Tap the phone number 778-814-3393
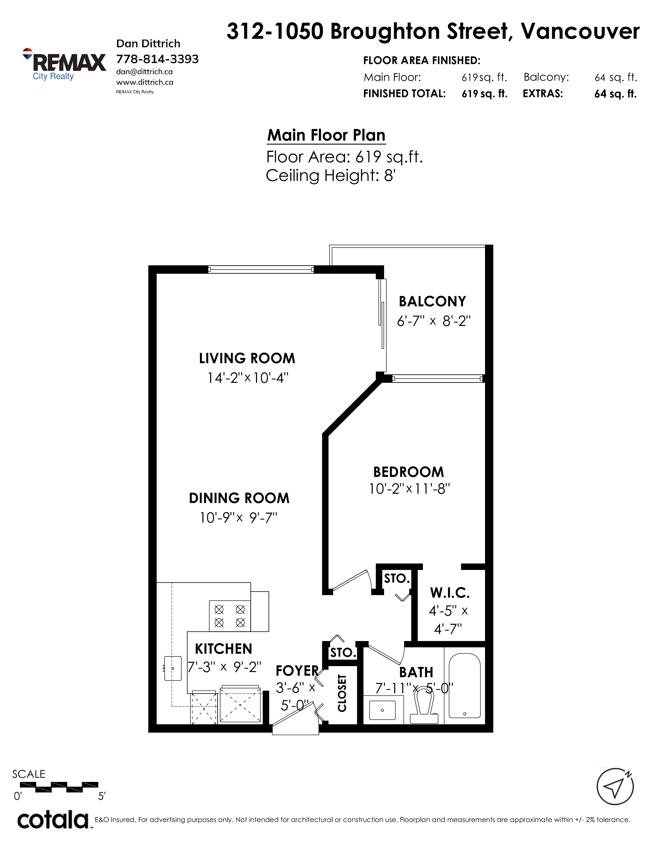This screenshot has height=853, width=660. (157, 59)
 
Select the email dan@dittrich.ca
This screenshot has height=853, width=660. (144, 72)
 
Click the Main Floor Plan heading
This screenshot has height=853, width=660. (326, 135)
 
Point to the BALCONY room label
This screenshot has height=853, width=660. (432, 301)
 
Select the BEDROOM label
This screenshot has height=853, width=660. (409, 472)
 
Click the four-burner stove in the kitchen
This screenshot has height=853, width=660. (230, 616)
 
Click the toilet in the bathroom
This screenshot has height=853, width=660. (424, 706)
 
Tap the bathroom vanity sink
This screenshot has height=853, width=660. (382, 710)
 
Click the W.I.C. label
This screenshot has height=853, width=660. (450, 593)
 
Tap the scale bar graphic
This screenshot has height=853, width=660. (59, 787)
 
